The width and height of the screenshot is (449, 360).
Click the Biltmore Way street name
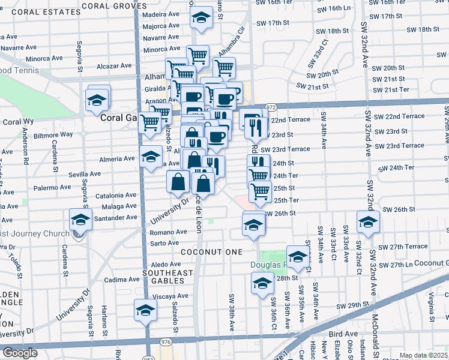[x=53, y=134]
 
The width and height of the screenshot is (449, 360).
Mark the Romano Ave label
[x=169, y=232]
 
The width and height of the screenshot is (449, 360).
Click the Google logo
[x=20, y=353]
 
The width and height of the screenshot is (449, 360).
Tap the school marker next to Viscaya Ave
[x=145, y=311]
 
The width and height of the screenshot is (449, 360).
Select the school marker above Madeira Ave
[x=202, y=19]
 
